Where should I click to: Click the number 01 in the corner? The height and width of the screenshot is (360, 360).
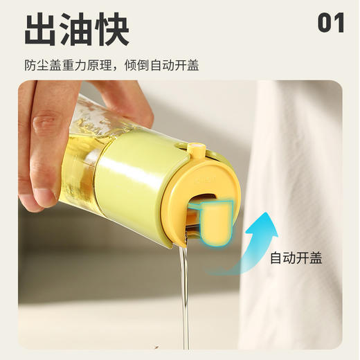(331, 23)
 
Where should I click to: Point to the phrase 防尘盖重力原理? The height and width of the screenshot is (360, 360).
(70, 66)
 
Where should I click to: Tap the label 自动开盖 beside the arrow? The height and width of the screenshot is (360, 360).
(296, 258)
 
